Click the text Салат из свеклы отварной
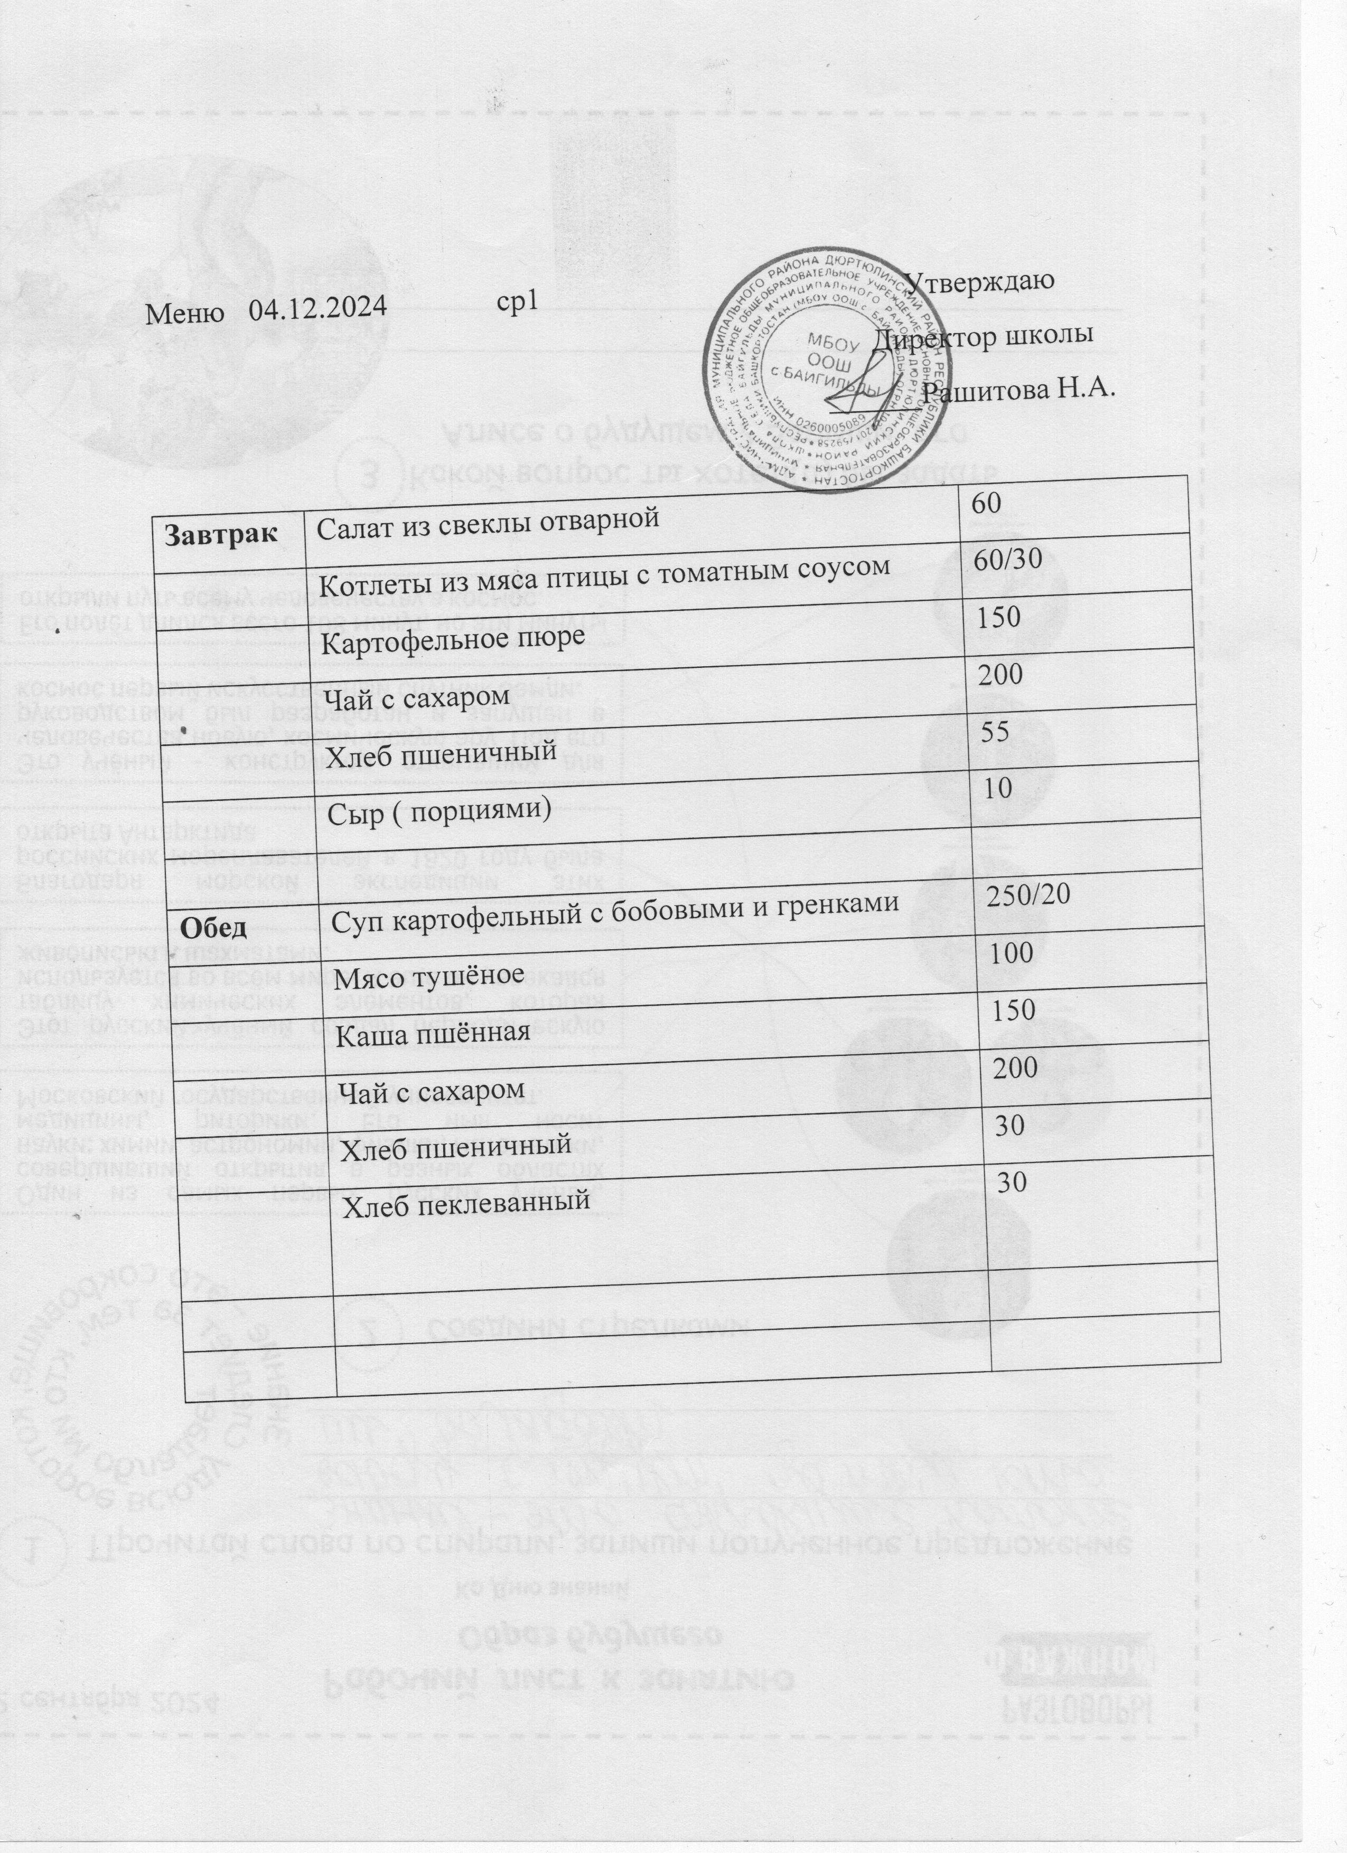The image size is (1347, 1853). [x=488, y=518]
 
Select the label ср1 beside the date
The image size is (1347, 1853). [x=517, y=302]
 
